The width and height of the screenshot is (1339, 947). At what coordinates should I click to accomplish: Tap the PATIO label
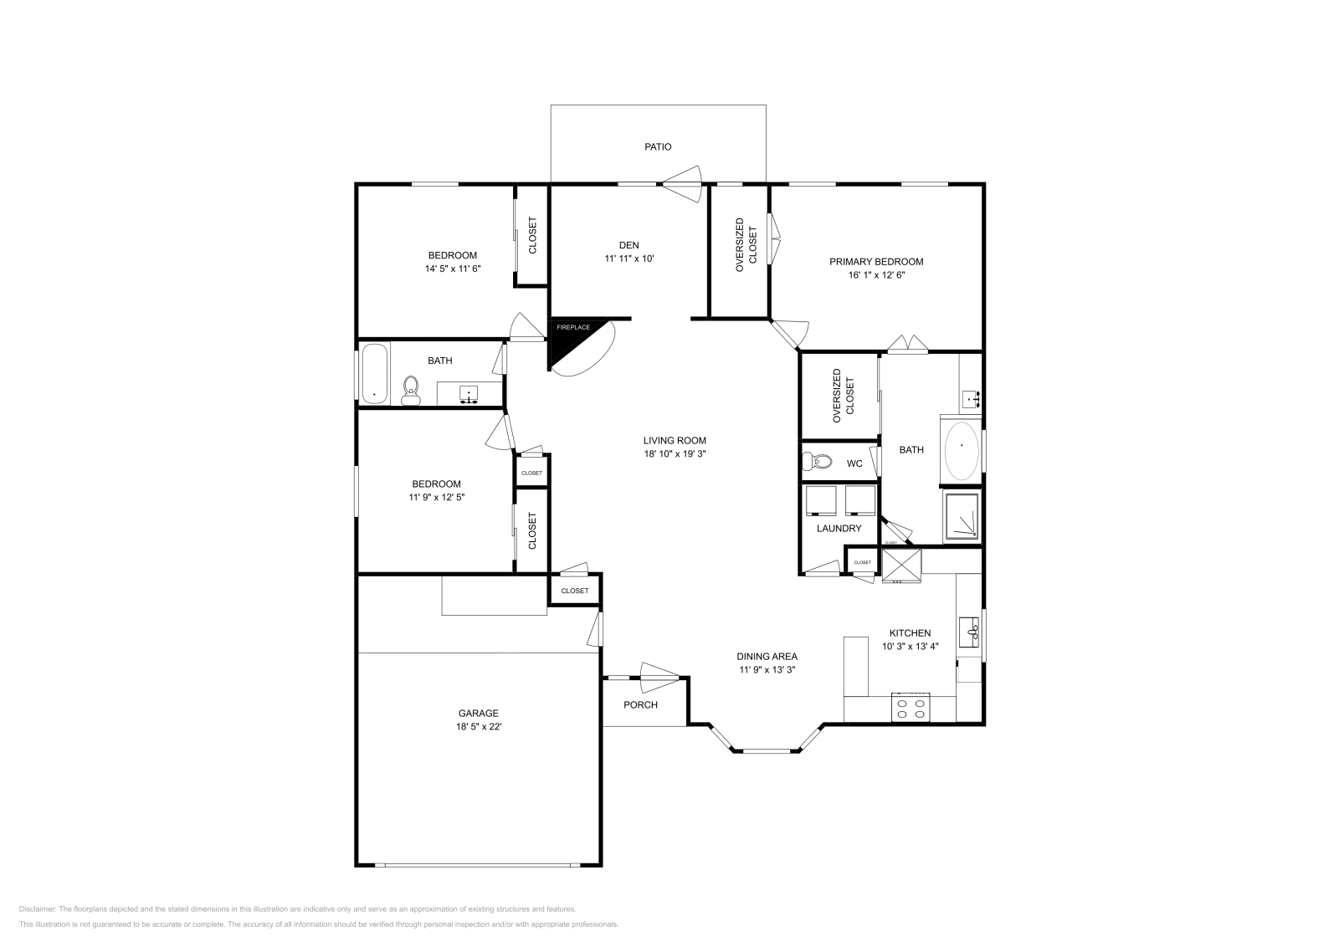point(658,147)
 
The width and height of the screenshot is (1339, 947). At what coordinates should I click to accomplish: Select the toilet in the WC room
point(818,462)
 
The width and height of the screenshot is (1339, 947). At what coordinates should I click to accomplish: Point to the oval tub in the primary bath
point(962,448)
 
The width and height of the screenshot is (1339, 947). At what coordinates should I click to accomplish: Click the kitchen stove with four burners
point(911,708)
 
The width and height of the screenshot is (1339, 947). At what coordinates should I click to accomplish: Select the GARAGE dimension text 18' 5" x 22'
point(478,727)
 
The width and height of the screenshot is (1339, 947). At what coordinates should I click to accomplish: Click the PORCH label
point(640,704)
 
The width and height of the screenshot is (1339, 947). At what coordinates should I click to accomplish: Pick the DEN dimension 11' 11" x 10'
point(628,259)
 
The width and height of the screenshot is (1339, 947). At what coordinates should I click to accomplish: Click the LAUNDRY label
point(839,529)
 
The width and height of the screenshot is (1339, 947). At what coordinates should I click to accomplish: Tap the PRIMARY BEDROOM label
point(876,262)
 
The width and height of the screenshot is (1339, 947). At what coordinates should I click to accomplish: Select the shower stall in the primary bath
point(962,516)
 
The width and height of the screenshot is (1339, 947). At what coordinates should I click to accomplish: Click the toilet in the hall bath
point(411,389)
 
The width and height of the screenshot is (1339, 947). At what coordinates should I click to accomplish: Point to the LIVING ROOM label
point(675,441)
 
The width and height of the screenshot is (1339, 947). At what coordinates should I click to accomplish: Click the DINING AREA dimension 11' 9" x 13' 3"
point(767,669)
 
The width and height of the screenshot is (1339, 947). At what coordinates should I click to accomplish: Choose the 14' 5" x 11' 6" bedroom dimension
point(452,269)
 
